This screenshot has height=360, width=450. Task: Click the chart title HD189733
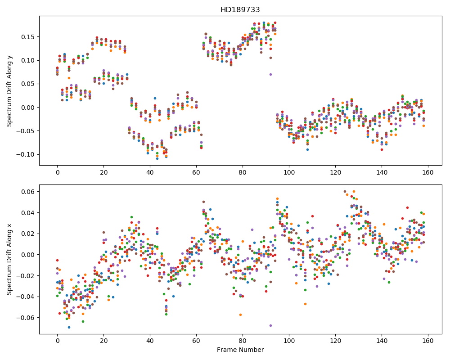tap(240, 10)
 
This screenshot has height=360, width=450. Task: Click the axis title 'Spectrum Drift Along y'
tap(9, 91)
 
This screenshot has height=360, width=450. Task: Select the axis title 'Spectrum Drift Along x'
tap(9, 260)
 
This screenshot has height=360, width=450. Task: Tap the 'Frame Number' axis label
tap(240, 350)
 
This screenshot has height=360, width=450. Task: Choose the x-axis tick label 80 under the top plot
tap(243, 172)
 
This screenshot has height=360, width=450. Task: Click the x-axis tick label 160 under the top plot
tap(428, 172)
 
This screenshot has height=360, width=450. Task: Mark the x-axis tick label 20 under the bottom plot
tap(103, 341)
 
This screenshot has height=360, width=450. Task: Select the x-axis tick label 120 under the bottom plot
tap(335, 341)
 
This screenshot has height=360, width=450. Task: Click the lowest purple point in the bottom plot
tap(270, 325)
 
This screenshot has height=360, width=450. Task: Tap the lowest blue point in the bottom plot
tap(69, 327)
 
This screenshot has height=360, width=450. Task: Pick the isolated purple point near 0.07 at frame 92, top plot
tap(270, 74)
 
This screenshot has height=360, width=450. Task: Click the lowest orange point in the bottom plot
tap(240, 315)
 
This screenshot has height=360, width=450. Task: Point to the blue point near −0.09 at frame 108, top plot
tap(308, 149)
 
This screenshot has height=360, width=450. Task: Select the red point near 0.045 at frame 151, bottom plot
tap(407, 207)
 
